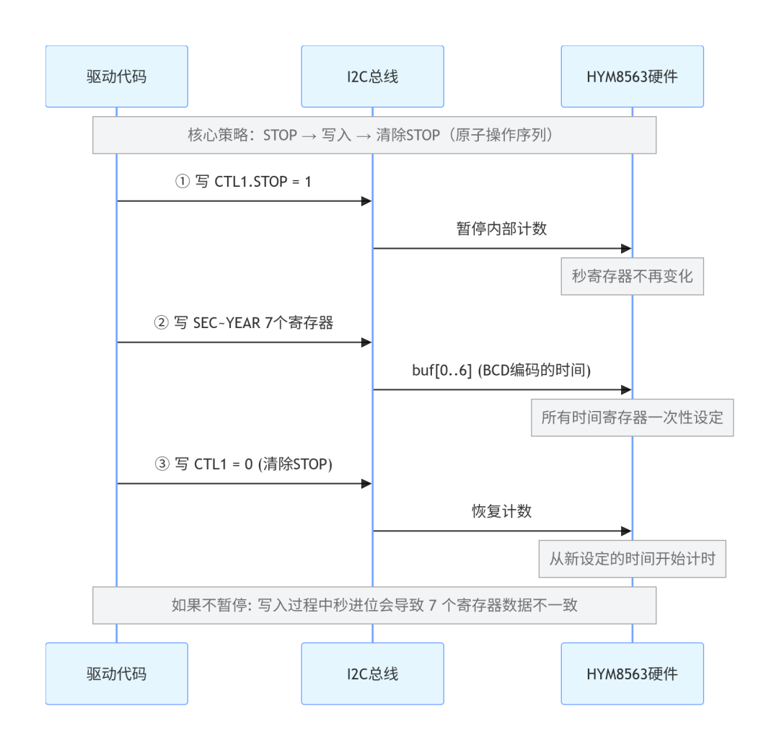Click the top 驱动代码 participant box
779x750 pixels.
(117, 76)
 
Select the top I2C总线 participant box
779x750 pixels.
(373, 76)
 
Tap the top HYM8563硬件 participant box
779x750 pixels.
(633, 76)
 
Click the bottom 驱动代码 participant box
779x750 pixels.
(117, 674)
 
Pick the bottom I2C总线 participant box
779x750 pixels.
(373, 674)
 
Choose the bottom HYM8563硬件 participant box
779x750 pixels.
(633, 674)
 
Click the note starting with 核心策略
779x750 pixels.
(374, 135)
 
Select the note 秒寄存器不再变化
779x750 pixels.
(633, 276)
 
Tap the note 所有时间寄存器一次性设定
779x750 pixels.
(633, 418)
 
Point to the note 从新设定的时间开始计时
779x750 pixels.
(633, 559)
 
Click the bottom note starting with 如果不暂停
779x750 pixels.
(374, 606)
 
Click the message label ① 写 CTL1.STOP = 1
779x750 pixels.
(244, 182)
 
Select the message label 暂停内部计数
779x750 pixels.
(502, 229)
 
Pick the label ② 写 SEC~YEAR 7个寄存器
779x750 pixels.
(244, 323)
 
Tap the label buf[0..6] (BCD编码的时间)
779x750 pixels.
(502, 370)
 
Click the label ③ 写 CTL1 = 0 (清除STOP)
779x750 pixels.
(244, 464)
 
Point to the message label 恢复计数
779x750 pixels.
(502, 511)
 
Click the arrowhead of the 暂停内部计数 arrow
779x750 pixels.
(627, 248)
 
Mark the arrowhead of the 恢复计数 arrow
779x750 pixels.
(627, 531)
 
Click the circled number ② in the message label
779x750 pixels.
(161, 323)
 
